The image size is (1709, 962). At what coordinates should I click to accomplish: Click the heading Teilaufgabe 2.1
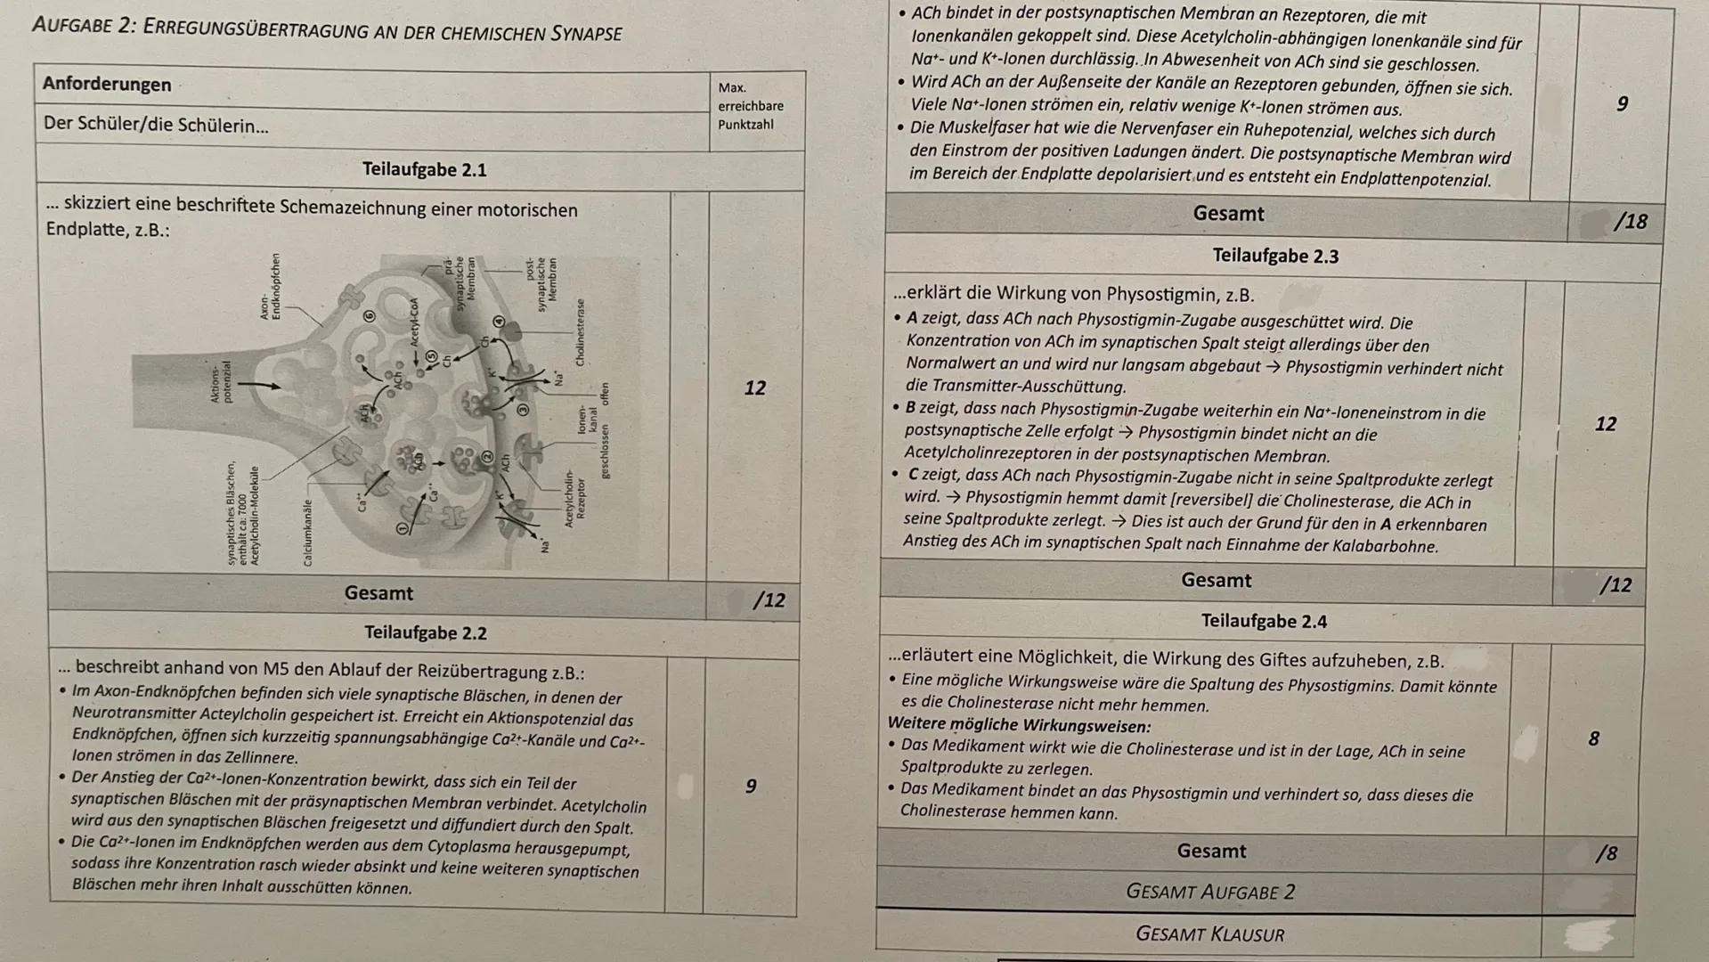pos(424,170)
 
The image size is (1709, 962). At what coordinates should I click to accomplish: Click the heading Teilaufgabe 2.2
pos(425,633)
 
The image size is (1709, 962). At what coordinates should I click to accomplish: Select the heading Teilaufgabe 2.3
pos(1274,257)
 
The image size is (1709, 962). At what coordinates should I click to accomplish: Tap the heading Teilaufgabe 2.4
pos(1263,622)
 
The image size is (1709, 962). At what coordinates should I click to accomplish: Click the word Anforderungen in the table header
pos(107,85)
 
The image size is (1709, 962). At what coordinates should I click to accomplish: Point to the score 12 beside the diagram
pos(754,388)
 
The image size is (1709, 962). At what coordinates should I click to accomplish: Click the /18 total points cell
pos(1629,222)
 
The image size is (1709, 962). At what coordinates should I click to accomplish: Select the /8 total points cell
pos(1606,854)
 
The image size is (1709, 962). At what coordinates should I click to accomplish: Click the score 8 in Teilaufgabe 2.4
pos(1593,738)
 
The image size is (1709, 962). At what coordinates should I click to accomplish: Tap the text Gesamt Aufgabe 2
pos(1209,893)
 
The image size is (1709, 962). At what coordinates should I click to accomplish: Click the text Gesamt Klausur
pos(1209,934)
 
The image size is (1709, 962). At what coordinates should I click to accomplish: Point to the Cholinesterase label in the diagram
pos(581,332)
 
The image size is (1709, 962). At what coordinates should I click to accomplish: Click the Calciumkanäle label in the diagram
pos(308,532)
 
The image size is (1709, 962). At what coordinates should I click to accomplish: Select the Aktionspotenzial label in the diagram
pos(220,381)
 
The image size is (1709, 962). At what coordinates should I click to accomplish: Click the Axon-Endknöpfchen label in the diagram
pos(270,287)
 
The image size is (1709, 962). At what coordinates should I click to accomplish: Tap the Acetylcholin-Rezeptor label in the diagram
pos(574,499)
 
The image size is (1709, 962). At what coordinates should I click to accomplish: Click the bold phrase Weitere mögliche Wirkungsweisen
pos(1019,726)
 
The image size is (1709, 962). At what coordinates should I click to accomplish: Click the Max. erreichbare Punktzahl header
pos(750,106)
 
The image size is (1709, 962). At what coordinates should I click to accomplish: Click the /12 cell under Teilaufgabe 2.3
pos(1615,586)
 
